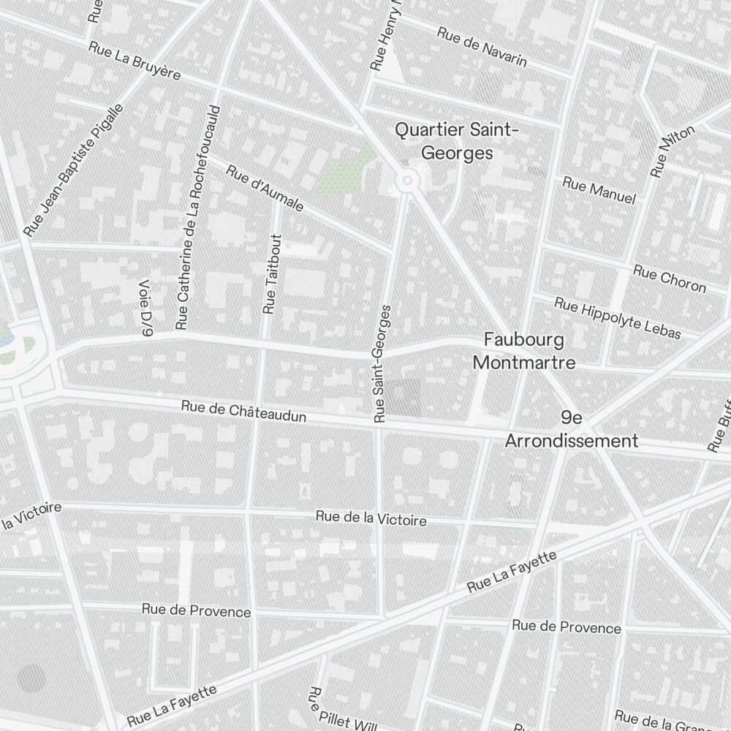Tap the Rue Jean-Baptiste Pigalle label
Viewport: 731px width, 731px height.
[73, 170]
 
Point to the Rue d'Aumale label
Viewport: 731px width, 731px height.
[265, 189]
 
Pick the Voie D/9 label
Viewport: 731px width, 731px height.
[145, 308]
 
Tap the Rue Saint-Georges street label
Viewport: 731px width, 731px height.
[382, 363]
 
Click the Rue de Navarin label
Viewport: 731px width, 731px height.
[482, 47]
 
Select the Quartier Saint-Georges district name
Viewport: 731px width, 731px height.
[457, 141]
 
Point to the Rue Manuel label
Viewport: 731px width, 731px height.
[599, 190]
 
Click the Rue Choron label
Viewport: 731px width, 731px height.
[670, 279]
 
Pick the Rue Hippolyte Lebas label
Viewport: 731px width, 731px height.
[617, 318]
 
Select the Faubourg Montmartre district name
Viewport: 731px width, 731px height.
[524, 351]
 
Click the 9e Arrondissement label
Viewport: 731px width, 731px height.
[572, 429]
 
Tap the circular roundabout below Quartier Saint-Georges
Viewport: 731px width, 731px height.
[406, 180]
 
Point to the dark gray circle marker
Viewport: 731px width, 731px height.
[31, 678]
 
